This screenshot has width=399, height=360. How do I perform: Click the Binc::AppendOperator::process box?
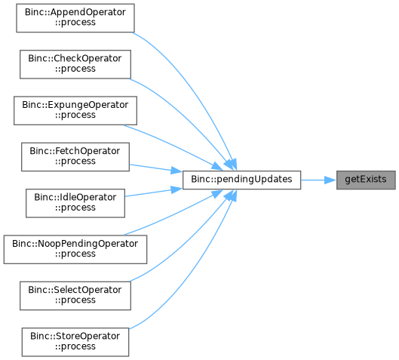(x=75, y=18)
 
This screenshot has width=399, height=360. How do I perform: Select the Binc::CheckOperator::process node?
(x=75, y=64)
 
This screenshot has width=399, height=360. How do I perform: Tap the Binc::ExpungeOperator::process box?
(x=75, y=110)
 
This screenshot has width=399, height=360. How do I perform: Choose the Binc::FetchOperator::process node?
(x=75, y=157)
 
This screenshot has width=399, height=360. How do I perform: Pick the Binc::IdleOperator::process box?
(x=75, y=203)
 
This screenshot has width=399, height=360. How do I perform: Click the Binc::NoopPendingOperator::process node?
(x=75, y=250)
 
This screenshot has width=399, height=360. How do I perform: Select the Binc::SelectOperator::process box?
(x=75, y=296)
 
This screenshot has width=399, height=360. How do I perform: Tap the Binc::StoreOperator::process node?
(x=75, y=342)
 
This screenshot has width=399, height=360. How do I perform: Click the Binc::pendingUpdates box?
(x=242, y=180)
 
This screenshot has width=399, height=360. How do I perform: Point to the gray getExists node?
(x=366, y=180)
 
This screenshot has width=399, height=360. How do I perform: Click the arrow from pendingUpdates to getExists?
(x=318, y=180)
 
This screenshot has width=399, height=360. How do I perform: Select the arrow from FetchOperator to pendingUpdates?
(x=155, y=168)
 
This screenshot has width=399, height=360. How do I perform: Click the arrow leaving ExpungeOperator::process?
(x=173, y=145)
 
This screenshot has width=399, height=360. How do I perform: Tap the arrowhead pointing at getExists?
(x=330, y=180)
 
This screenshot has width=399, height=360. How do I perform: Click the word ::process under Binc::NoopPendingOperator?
(x=75, y=254)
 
